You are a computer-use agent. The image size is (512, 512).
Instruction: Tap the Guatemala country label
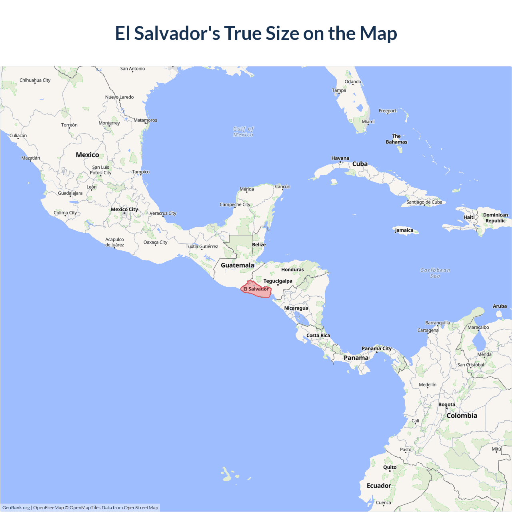[x=237, y=265]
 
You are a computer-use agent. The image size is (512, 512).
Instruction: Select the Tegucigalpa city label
[x=278, y=281]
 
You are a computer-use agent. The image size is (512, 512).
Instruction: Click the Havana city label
[x=340, y=158]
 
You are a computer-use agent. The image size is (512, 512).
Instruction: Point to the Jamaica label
[x=404, y=230]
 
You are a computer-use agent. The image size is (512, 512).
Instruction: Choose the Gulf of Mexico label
[x=243, y=132]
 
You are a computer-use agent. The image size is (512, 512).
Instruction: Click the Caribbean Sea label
[x=435, y=273]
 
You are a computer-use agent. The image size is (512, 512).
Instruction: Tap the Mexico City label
[x=124, y=210]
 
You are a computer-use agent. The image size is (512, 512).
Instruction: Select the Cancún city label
[x=282, y=187]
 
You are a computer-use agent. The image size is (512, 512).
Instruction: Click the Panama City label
[x=376, y=349]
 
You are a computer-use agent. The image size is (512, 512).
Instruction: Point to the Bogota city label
[x=446, y=405]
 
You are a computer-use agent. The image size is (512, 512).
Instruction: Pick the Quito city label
[x=390, y=468]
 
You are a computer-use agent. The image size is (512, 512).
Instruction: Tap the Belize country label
[x=259, y=245]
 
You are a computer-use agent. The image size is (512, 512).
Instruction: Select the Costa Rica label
[x=318, y=336]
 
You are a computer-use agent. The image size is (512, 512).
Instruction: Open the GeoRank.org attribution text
[x=16, y=508]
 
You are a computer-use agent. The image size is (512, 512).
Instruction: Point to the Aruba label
[x=500, y=306]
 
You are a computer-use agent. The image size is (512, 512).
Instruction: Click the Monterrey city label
[x=109, y=123]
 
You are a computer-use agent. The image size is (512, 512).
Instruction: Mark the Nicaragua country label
[x=296, y=308]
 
